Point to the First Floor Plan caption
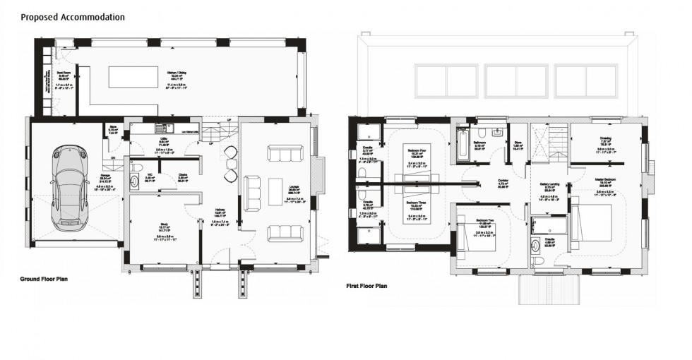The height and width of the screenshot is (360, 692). point(366,286)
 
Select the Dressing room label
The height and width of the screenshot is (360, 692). point(605,138)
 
